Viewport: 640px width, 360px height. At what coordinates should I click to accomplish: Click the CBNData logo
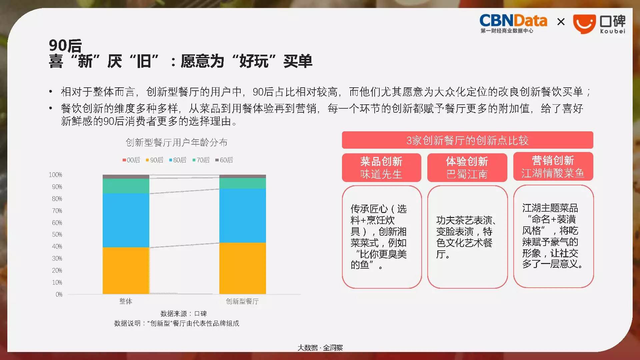pyautogui.click(x=513, y=24)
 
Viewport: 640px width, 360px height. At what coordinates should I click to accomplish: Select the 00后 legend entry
pyautogui.click(x=131, y=160)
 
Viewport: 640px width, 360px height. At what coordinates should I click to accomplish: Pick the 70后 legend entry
pyautogui.click(x=201, y=160)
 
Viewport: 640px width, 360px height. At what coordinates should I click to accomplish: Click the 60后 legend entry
pyautogui.click(x=224, y=160)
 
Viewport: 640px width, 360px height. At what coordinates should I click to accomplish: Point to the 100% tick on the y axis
pyautogui.click(x=55, y=175)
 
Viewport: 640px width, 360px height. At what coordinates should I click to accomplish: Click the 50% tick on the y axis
pyautogui.click(x=57, y=234)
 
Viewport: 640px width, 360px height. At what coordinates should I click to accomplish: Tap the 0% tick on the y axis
pyautogui.click(x=59, y=294)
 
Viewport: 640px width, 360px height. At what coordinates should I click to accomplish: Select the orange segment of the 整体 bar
pyautogui.click(x=126, y=271)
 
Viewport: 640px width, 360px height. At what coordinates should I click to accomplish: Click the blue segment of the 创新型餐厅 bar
pyautogui.click(x=243, y=216)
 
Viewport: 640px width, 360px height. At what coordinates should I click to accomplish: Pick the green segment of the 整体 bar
pyautogui.click(x=126, y=186)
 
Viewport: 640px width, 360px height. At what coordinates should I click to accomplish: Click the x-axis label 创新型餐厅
pyautogui.click(x=242, y=301)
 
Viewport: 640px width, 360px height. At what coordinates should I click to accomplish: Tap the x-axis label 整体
pyautogui.click(x=126, y=301)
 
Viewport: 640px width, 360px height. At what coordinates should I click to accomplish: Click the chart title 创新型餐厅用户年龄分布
pyautogui.click(x=177, y=143)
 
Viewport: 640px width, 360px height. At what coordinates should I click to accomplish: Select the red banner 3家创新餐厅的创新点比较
pyautogui.click(x=467, y=140)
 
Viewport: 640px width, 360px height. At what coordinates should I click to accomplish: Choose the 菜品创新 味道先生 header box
pyautogui.click(x=382, y=167)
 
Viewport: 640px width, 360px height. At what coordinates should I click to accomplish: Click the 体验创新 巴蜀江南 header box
pyautogui.click(x=467, y=167)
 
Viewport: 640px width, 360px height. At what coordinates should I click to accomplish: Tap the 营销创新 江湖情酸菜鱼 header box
pyautogui.click(x=553, y=167)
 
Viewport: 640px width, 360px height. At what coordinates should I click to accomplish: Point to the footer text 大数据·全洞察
pyautogui.click(x=320, y=348)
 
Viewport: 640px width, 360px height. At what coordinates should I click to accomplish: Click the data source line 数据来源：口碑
pyautogui.click(x=184, y=314)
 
